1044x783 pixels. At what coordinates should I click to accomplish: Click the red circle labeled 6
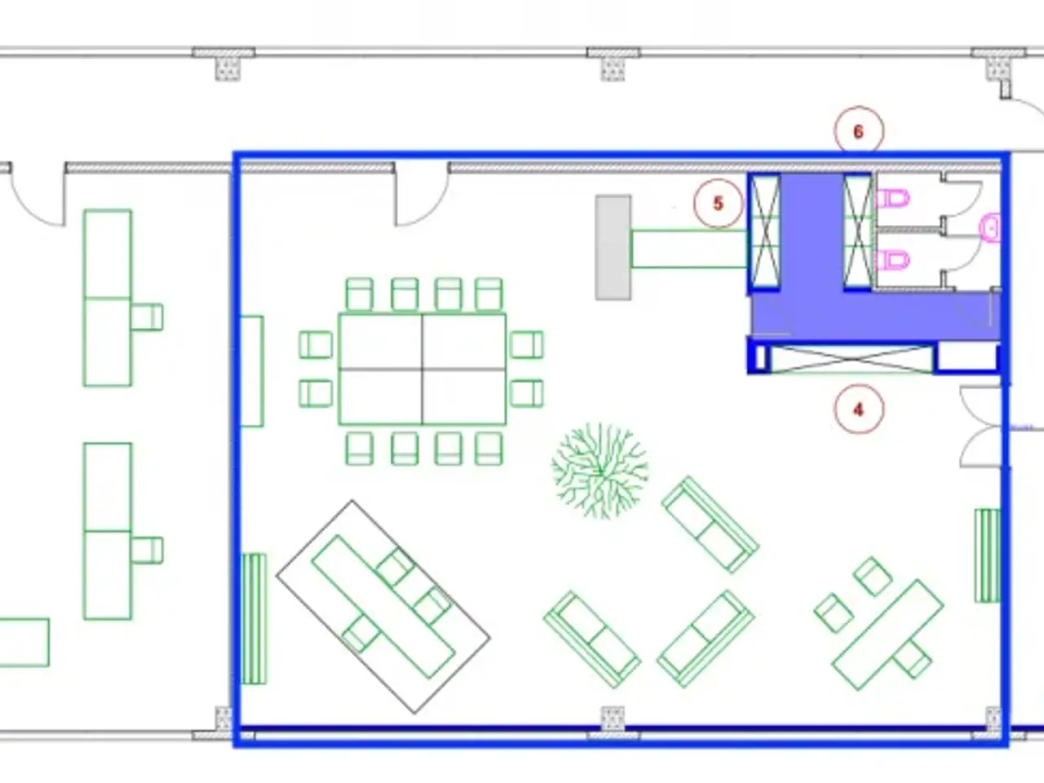pyautogui.click(x=859, y=130)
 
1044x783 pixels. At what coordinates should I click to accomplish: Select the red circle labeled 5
pyautogui.click(x=719, y=203)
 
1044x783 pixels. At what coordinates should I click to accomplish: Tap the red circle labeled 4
pyautogui.click(x=859, y=409)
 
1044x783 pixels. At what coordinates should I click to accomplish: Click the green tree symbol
pyautogui.click(x=599, y=471)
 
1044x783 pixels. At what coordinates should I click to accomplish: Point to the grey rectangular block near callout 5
pyautogui.click(x=613, y=247)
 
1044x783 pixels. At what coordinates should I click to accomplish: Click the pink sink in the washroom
pyautogui.click(x=990, y=228)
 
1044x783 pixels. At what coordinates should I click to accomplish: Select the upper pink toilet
pyautogui.click(x=893, y=198)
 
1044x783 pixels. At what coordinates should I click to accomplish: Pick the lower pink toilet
pyautogui.click(x=893, y=260)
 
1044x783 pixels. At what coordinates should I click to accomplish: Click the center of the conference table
pyautogui.click(x=422, y=369)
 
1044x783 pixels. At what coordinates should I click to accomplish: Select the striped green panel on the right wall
pyautogui.click(x=987, y=555)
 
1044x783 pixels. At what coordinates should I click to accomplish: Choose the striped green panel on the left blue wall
pyautogui.click(x=254, y=619)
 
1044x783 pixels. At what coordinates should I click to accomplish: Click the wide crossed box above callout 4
pyautogui.click(x=852, y=359)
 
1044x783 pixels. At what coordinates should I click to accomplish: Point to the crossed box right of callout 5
pyautogui.click(x=765, y=232)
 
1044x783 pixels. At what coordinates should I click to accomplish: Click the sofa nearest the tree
pyautogui.click(x=710, y=524)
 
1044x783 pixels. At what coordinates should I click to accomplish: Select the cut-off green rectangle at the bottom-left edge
pyautogui.click(x=24, y=643)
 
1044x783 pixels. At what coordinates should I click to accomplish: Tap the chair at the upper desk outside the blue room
pyautogui.click(x=147, y=317)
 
